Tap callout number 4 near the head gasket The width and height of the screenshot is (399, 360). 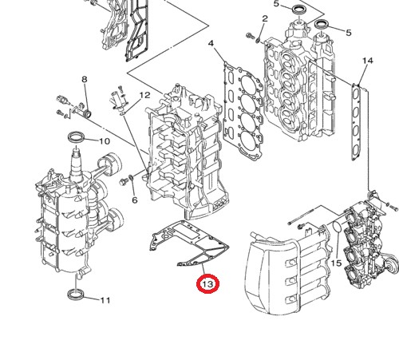211,43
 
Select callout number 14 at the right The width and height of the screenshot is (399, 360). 367,61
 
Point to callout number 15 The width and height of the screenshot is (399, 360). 336,263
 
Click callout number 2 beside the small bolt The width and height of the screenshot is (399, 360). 265,18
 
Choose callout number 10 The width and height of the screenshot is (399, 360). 104,141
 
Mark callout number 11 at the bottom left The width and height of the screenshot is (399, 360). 105,300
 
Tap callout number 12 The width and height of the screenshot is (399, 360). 144,96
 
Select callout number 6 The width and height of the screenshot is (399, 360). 134,200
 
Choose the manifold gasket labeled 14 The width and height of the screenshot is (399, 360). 361,128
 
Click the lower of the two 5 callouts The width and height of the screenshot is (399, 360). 348,32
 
